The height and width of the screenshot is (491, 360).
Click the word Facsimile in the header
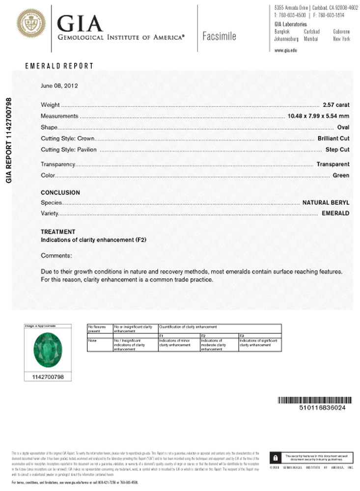219,36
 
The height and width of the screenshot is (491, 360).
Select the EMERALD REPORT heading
59,66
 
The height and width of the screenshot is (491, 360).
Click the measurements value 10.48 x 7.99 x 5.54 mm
318,116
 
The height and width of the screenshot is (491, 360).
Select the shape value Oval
343,128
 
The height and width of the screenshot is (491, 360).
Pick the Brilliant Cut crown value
333,138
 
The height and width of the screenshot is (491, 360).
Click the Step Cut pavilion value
337,150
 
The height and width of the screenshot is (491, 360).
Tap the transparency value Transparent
333,164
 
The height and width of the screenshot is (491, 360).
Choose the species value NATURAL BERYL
326,202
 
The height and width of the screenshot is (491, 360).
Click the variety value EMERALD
335,214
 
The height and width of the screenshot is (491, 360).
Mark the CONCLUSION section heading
60,193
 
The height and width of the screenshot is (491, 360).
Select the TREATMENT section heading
58,232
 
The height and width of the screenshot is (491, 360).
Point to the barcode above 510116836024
315,400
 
